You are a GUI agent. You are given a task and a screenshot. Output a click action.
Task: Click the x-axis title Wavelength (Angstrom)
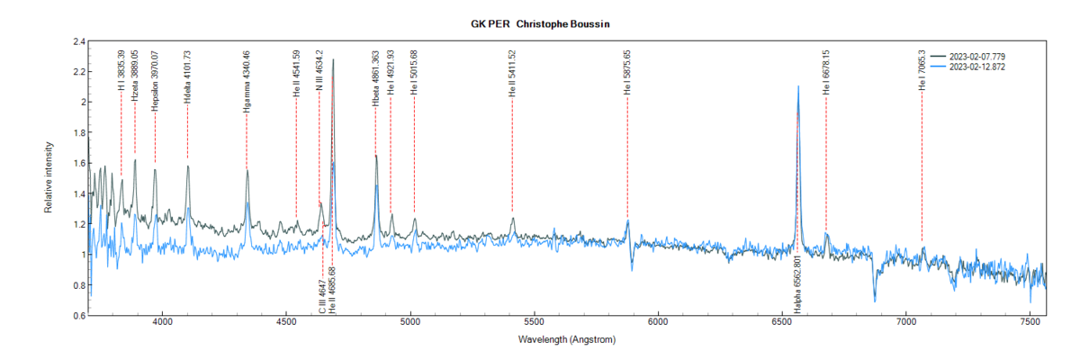[567, 341]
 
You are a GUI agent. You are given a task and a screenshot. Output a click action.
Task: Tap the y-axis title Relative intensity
[49, 177]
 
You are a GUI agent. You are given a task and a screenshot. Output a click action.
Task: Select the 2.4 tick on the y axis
[79, 41]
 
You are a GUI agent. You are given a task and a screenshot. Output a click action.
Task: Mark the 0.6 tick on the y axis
[79, 316]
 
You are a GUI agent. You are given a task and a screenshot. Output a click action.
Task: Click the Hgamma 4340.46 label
[246, 81]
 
